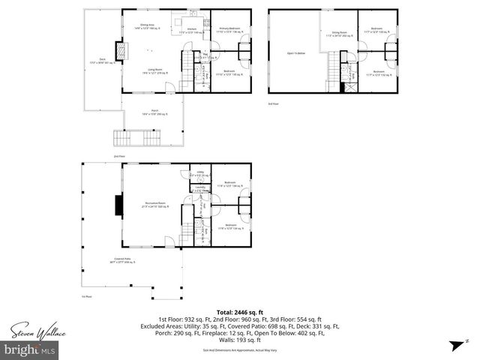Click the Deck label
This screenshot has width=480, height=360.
click(100, 61)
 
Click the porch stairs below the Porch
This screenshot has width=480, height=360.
click(125, 138)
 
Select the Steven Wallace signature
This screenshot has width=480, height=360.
click(34, 329)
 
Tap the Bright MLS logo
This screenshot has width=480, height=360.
click(30, 349)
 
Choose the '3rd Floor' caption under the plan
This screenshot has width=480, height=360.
click(273, 103)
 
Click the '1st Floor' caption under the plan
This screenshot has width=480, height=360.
click(86, 297)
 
